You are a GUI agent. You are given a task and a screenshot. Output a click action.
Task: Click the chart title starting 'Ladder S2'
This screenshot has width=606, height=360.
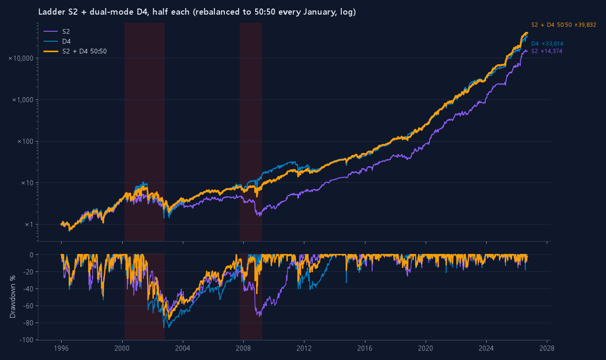pos(197,12)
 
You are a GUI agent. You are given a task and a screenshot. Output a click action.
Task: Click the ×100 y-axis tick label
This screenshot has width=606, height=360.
pos(26,141)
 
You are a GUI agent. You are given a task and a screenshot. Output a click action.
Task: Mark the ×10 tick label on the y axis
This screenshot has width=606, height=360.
pos(27,183)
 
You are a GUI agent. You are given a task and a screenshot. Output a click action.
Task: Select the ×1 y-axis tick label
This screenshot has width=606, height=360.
pos(29,225)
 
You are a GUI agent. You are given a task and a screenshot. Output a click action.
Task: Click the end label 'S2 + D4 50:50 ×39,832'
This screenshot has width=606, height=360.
pos(563,25)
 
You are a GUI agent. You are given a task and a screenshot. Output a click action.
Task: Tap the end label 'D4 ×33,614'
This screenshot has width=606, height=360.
pos(547,44)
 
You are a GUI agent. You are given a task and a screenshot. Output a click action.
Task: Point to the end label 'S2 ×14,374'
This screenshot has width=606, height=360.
pos(546,51)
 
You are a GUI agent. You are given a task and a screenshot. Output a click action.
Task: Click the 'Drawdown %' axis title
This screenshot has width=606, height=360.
pos(13,297)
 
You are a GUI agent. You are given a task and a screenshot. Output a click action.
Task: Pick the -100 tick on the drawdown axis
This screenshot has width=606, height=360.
pos(27,340)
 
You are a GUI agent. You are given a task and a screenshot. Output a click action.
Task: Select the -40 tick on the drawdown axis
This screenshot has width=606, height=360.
pos(28,289)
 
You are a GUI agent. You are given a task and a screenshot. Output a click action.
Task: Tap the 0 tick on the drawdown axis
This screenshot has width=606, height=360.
pos(32,255)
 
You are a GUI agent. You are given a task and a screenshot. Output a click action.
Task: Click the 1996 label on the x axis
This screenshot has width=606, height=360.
pos(61,348)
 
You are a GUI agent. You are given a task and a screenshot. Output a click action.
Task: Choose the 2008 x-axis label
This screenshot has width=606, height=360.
pos(243,348)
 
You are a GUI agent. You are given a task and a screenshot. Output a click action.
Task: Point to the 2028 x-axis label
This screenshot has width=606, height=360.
pos(547,348)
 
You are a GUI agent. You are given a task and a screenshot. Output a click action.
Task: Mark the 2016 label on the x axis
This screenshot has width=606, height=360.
pos(365,348)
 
